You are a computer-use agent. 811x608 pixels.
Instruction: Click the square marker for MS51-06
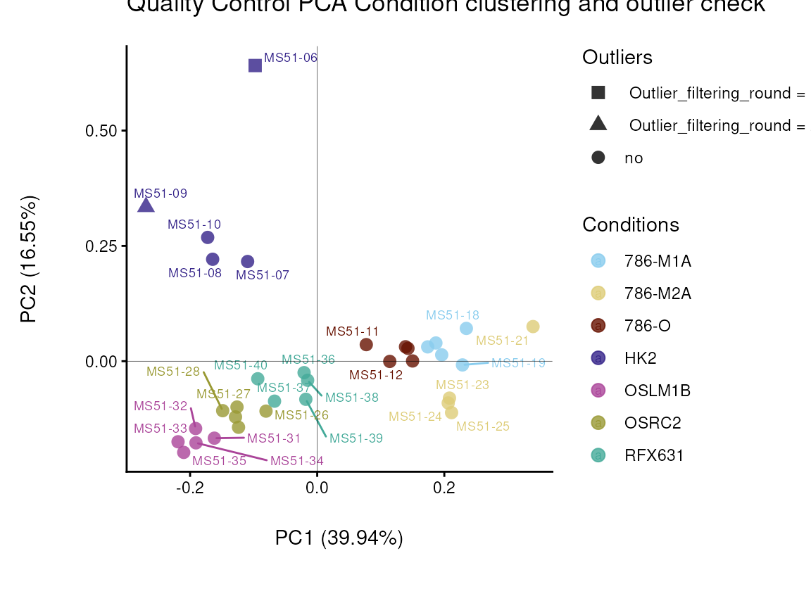point(255,65)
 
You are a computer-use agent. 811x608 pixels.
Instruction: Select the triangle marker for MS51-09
point(146,205)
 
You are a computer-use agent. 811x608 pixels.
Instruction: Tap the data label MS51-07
point(262,275)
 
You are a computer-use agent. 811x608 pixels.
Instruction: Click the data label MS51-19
point(518,364)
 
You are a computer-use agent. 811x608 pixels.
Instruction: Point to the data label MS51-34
point(297,462)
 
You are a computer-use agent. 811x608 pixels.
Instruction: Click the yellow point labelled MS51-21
point(533,327)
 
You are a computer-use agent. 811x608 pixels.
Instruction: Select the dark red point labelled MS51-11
point(366,345)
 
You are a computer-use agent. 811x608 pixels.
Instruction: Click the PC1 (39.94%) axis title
point(339,538)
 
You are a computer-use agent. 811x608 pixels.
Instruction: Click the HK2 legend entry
point(640,358)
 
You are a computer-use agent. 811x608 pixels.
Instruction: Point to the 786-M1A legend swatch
point(598,261)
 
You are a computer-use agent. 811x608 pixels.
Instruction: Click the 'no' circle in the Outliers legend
point(598,158)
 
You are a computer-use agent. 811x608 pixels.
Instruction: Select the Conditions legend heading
point(630,224)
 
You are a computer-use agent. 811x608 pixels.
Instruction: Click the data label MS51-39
point(356,438)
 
